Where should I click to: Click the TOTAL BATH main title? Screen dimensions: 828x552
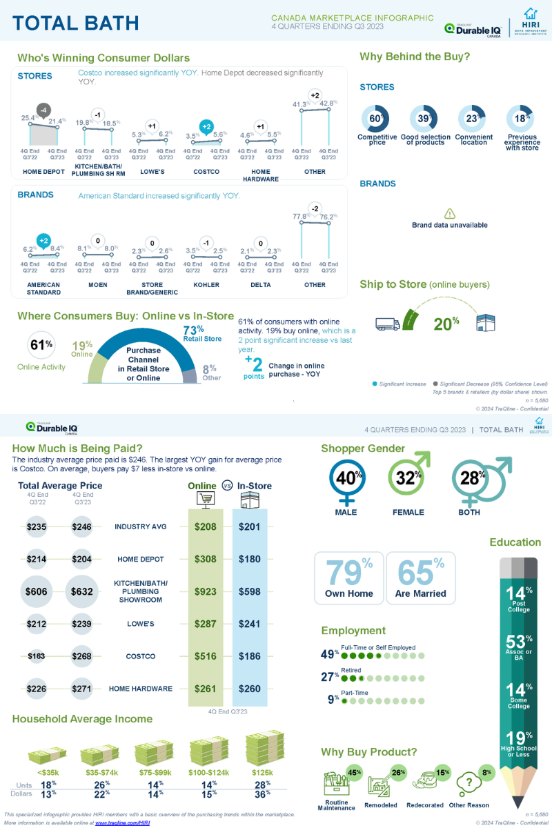(76, 23)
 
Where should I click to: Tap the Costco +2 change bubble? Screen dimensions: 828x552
(206, 126)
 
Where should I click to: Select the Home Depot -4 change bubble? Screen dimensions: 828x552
(43, 110)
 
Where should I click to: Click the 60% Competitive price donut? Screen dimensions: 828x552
(376, 119)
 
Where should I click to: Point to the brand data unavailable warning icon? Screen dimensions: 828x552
(450, 214)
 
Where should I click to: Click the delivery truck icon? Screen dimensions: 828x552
(388, 323)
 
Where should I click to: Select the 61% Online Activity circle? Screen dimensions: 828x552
(41, 345)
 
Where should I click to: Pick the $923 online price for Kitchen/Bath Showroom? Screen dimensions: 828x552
(205, 591)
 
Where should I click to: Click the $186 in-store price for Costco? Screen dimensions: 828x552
(250, 656)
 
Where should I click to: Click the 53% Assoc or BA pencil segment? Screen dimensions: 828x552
(518, 646)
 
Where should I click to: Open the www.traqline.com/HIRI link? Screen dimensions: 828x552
(122, 823)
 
